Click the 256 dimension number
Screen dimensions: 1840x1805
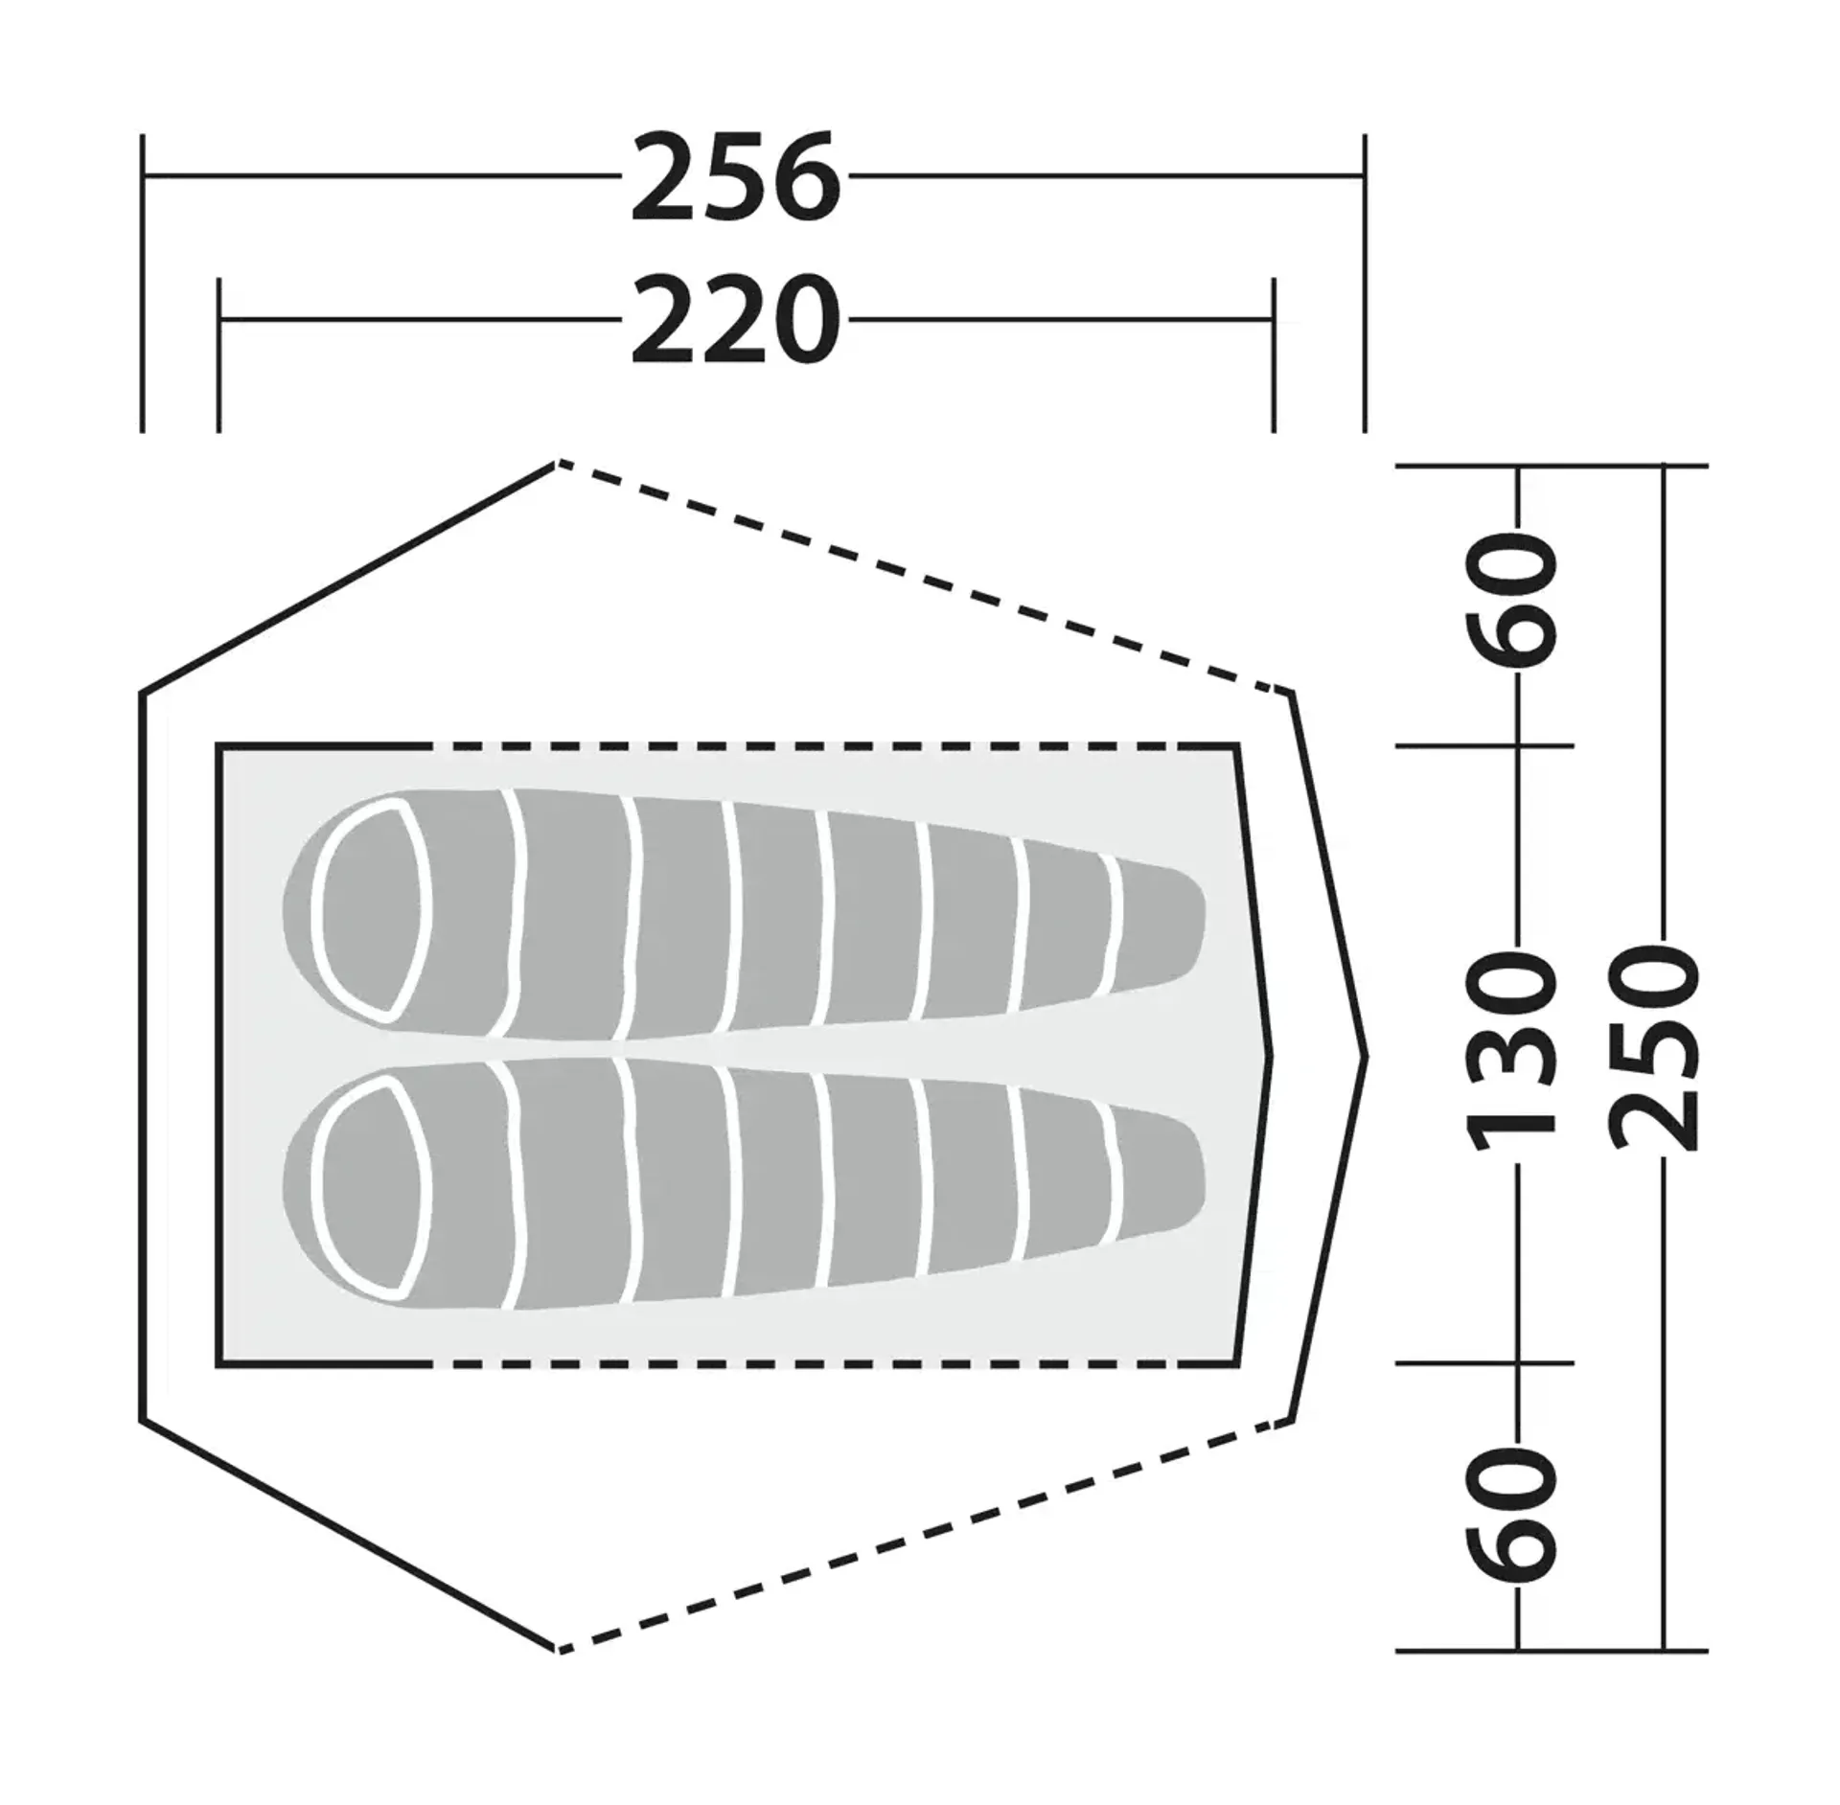735,176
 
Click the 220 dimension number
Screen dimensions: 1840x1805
735,319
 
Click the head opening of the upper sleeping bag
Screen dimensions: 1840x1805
369,909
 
